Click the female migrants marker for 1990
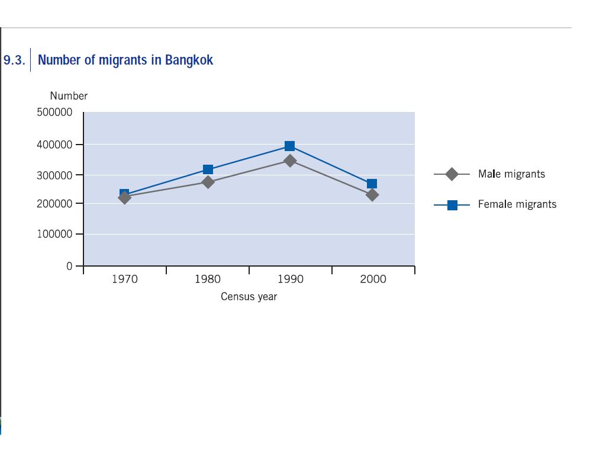pos(289,146)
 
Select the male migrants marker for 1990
pos(289,161)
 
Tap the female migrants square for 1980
pos(208,170)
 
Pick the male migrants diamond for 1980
pos(208,182)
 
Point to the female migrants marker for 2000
pos(372,184)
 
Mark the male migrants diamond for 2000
pos(372,195)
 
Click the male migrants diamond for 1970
pos(124,198)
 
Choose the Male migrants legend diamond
pos(452,174)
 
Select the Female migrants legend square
pos(452,205)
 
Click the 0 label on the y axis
pos(69,267)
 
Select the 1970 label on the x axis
pos(124,280)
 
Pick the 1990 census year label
pos(290,280)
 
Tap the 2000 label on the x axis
pos(373,280)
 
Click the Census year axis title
pos(249,297)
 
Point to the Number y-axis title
pos(69,96)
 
